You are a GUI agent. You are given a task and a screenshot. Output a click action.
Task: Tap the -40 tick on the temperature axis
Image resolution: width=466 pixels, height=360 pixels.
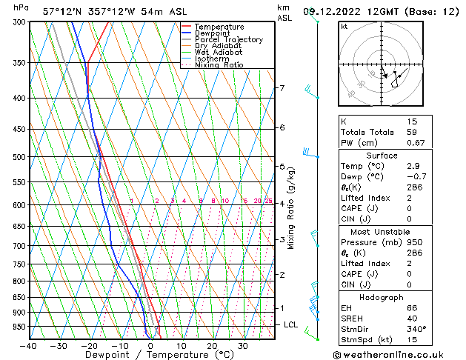pos(29,345)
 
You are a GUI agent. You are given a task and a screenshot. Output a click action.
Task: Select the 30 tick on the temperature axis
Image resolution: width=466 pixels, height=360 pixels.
pos(243,345)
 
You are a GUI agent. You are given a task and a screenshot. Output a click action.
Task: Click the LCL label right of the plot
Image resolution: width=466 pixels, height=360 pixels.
pos(291,324)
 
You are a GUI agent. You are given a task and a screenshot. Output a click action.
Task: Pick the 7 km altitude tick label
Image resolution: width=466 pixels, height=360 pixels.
pos(282,88)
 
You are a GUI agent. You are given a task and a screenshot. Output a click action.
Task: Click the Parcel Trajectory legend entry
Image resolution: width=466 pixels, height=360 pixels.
pos(228,39)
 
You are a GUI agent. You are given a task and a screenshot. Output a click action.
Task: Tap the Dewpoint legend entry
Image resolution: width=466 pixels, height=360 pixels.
pos(213,33)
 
